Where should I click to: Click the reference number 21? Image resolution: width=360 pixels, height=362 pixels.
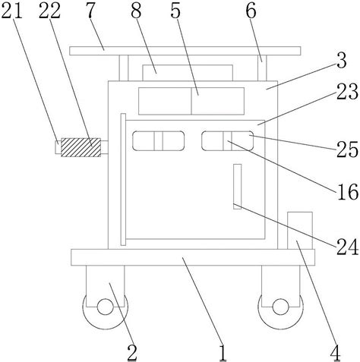pyautogui.click(x=11, y=11)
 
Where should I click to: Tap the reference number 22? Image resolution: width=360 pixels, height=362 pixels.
pyautogui.click(x=49, y=11)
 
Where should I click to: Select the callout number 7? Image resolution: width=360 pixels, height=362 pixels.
pyautogui.click(x=90, y=11)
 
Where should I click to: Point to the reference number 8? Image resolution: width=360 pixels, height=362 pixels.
pyautogui.click(x=136, y=11)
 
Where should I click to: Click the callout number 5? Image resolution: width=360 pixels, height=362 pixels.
pyautogui.click(x=175, y=11)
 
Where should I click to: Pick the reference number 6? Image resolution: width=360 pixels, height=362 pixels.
pyautogui.click(x=251, y=11)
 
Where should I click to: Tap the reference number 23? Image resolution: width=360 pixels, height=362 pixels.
pyautogui.click(x=347, y=92)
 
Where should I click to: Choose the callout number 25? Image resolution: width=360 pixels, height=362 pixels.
pyautogui.click(x=347, y=150)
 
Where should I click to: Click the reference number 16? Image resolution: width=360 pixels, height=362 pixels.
pyautogui.click(x=348, y=192)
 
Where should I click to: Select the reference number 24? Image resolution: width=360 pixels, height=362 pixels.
pyautogui.click(x=347, y=247)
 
